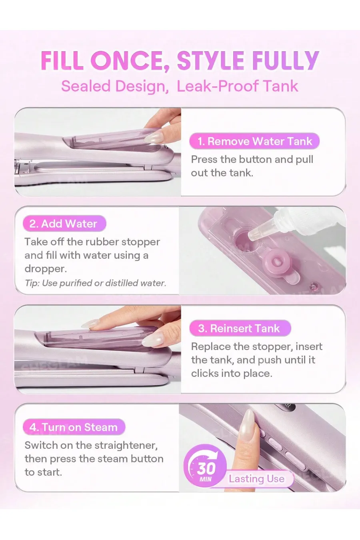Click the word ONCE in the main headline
[x=128, y=60]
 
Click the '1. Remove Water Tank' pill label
[x=254, y=141]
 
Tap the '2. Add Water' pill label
[x=64, y=224]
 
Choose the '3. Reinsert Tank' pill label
[x=240, y=328]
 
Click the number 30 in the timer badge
[x=206, y=468]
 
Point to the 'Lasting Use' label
[x=256, y=479]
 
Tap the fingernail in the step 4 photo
[x=248, y=420]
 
